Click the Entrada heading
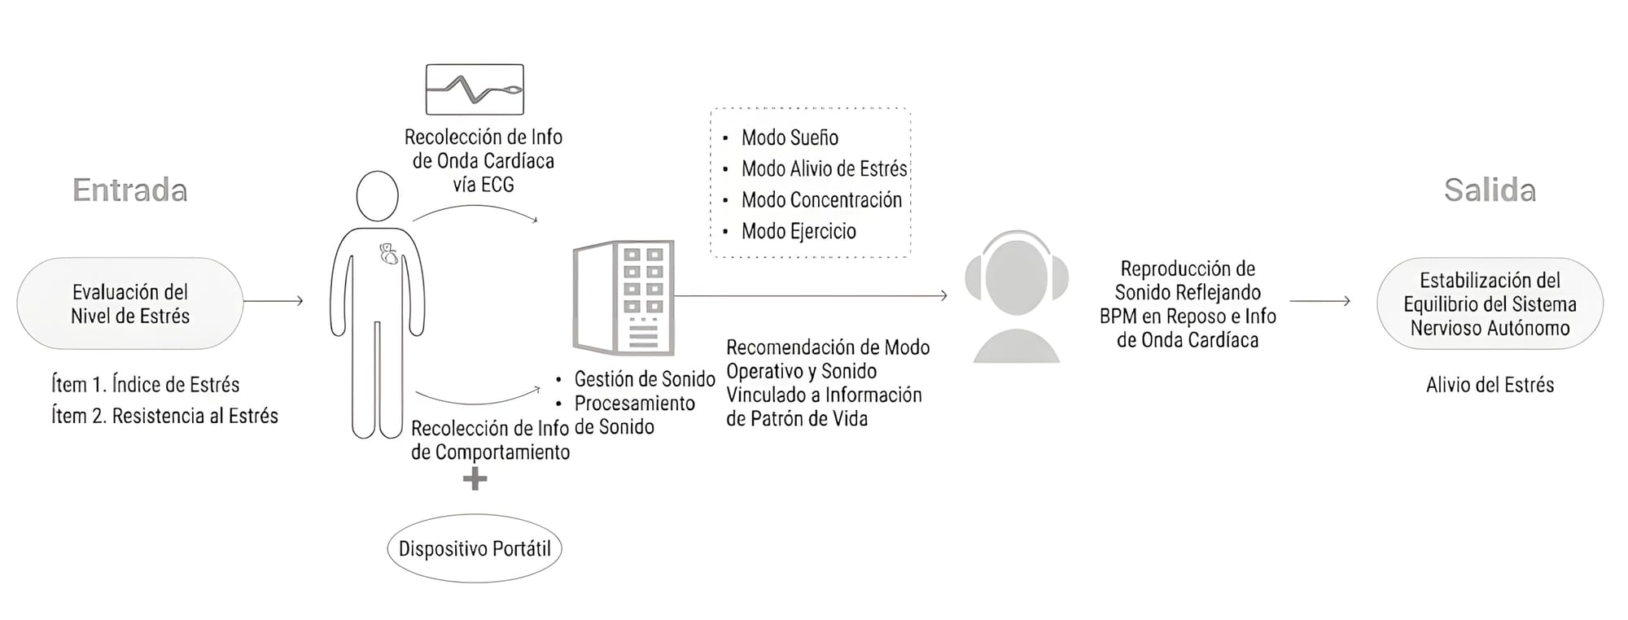[130, 190]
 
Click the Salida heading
[1490, 190]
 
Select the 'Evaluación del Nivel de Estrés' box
[130, 303]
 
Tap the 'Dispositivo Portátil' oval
[475, 548]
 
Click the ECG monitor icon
[475, 90]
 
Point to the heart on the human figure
[389, 255]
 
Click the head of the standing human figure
[377, 196]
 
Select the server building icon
[624, 297]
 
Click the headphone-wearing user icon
[1016, 295]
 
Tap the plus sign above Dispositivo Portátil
[475, 479]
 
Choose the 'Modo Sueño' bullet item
[789, 138]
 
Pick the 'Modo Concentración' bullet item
[821, 200]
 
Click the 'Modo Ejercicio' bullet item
[798, 231]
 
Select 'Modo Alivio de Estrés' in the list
[823, 169]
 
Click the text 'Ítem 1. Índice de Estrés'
[146, 384]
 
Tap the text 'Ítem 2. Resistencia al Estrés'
[164, 416]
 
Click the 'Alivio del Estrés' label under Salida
[1490, 385]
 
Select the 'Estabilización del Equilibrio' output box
[1490, 303]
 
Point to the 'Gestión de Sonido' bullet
[644, 379]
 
